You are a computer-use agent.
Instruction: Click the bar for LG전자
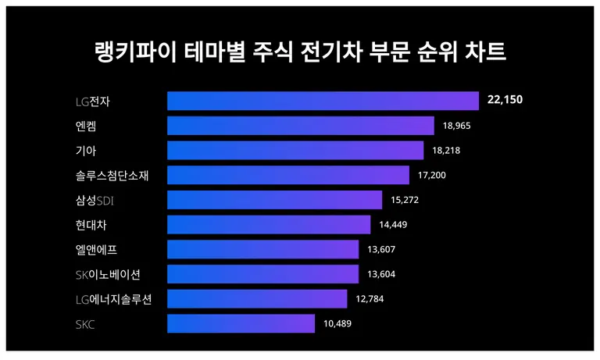click(323, 101)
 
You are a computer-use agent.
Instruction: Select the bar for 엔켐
click(300, 126)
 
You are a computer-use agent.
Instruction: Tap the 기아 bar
click(295, 150)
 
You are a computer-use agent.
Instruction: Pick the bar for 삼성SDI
click(274, 200)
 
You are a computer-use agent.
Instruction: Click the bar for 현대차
click(269, 225)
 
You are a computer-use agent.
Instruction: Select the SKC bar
click(241, 323)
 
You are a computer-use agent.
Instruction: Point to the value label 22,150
click(504, 101)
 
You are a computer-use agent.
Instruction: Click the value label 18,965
click(458, 126)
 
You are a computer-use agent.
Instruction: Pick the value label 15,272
click(405, 200)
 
